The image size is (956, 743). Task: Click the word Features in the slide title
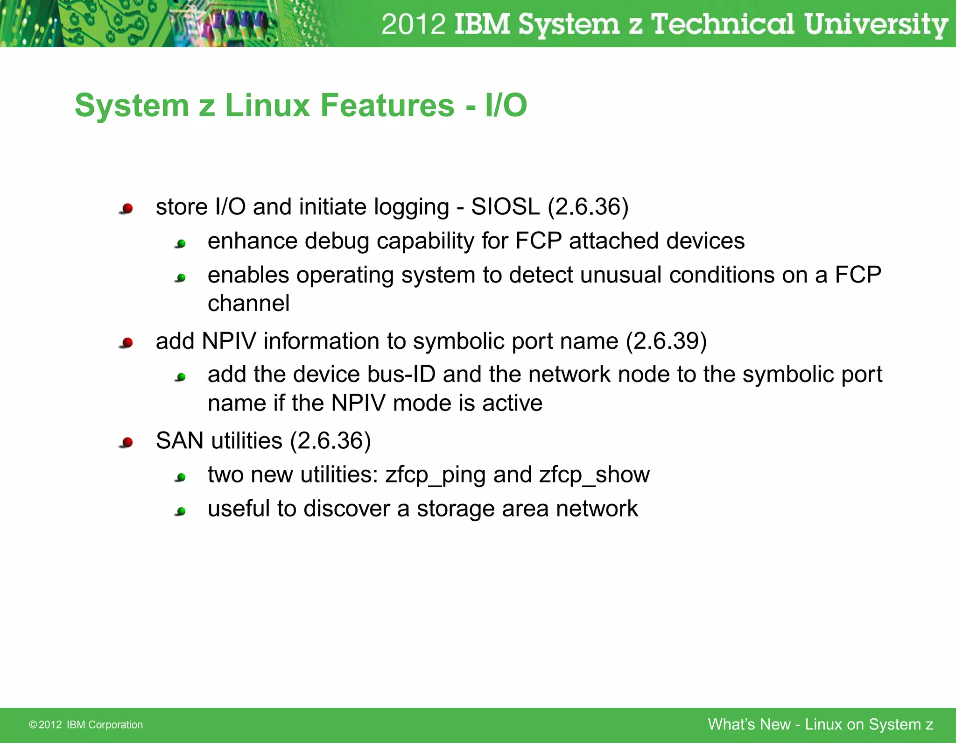point(387,106)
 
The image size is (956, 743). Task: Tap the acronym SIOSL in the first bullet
point(505,207)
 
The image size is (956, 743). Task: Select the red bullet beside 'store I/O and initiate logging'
point(127,208)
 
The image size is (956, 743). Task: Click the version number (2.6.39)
point(666,341)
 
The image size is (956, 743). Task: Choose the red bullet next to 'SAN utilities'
point(127,442)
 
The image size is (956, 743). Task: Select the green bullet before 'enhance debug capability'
point(181,243)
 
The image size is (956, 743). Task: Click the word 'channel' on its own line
point(248,304)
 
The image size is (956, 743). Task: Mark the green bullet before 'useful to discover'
point(181,511)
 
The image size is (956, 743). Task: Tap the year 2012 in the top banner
point(413,24)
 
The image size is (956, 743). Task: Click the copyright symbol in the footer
point(33,725)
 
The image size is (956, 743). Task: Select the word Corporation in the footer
point(115,725)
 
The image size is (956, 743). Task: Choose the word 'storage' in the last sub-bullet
point(455,509)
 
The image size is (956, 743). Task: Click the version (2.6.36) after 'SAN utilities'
point(330,441)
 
